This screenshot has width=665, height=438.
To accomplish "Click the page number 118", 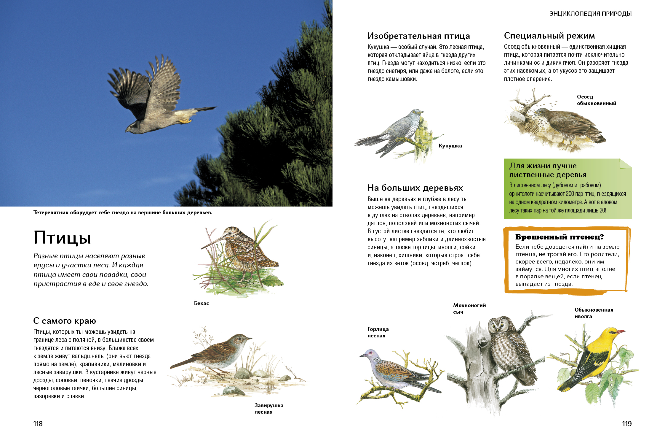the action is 38,424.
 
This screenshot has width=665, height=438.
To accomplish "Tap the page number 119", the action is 627,424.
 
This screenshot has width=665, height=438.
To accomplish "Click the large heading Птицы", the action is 62,238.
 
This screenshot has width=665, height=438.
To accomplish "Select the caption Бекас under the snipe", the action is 202,303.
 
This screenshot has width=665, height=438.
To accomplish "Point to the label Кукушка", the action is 450,146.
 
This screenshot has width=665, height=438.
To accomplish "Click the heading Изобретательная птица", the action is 419,36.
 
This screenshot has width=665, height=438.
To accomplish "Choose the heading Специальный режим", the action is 549,36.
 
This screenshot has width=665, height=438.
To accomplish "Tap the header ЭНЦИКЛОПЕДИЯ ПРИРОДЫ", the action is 591,14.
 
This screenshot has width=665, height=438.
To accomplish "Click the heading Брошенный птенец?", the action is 560,237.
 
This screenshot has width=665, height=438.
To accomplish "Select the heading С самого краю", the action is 65,321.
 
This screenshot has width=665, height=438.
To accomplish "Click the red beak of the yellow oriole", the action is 621,331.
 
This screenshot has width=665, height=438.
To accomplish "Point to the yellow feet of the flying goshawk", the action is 186,120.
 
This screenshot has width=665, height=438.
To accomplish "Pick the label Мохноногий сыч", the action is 469,309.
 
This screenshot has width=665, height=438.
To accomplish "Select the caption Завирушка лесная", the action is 269,409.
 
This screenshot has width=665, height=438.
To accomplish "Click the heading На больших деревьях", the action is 415,188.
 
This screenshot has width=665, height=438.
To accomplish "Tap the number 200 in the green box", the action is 570,194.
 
